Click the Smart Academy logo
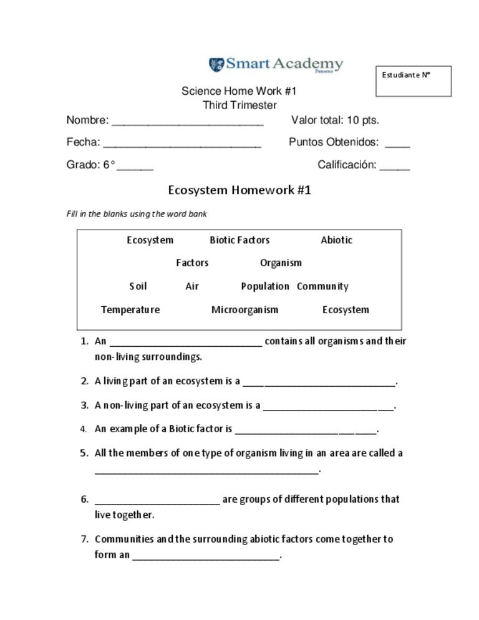click(x=276, y=64)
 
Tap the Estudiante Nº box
click(x=413, y=81)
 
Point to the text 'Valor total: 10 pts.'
click(x=335, y=120)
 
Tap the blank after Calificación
click(x=394, y=167)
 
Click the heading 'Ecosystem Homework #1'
click(x=239, y=190)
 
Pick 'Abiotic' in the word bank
click(x=336, y=240)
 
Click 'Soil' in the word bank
click(x=138, y=286)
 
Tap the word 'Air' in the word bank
click(x=192, y=286)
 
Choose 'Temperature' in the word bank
click(x=130, y=309)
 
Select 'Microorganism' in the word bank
click(x=244, y=309)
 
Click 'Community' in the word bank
click(x=322, y=286)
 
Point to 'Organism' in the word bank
click(x=281, y=263)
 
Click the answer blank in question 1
click(x=185, y=342)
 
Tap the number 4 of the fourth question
click(x=83, y=429)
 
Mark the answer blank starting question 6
click(x=157, y=500)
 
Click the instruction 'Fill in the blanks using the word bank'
click(x=137, y=214)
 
